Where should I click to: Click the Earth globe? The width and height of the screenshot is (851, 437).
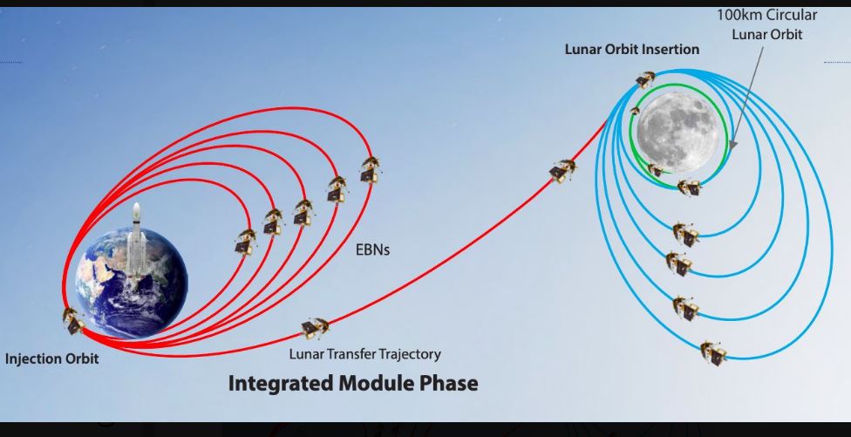(x=132, y=283)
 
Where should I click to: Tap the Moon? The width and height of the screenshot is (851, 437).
(x=677, y=132)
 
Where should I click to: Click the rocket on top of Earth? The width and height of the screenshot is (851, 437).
(x=136, y=241)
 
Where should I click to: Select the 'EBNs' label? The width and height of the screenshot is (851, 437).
(x=373, y=250)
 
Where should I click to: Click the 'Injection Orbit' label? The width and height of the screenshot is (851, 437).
(x=52, y=358)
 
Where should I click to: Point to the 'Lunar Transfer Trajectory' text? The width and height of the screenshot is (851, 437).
(x=364, y=354)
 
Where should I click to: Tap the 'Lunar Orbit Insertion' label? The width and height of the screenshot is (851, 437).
(x=632, y=49)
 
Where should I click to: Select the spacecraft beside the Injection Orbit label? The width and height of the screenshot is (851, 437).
(x=72, y=320)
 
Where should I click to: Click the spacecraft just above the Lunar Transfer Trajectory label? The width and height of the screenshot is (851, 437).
(x=315, y=328)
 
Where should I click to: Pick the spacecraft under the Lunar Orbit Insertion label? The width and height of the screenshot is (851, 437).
(x=645, y=79)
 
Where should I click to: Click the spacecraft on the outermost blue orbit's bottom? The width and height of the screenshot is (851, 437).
(x=713, y=353)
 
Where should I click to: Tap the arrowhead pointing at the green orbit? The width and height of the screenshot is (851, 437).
(x=732, y=145)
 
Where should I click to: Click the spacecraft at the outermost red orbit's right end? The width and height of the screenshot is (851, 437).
(x=370, y=169)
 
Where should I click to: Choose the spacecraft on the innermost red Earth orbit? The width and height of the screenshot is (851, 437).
(x=245, y=242)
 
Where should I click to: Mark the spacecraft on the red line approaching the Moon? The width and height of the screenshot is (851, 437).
(x=562, y=170)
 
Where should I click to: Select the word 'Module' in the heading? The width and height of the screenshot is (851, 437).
(x=378, y=383)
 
